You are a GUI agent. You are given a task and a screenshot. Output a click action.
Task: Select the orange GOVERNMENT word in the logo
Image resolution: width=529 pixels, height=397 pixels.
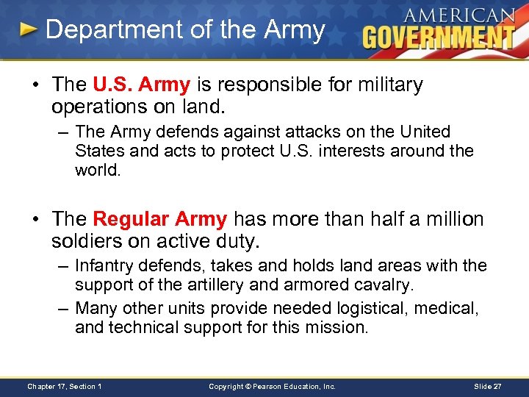pyautogui.click(x=439, y=37)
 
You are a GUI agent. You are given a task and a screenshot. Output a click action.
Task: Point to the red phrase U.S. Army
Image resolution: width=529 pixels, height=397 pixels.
pyautogui.click(x=142, y=85)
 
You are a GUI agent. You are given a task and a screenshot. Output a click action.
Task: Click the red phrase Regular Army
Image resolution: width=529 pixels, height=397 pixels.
pyautogui.click(x=160, y=219)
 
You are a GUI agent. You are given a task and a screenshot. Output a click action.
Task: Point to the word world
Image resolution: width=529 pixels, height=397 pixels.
pyautogui.click(x=96, y=171)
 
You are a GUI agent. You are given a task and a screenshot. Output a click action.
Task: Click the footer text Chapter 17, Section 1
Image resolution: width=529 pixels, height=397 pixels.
pyautogui.click(x=65, y=386)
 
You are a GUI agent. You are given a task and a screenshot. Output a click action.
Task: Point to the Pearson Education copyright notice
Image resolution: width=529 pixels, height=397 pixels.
pyautogui.click(x=272, y=386)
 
